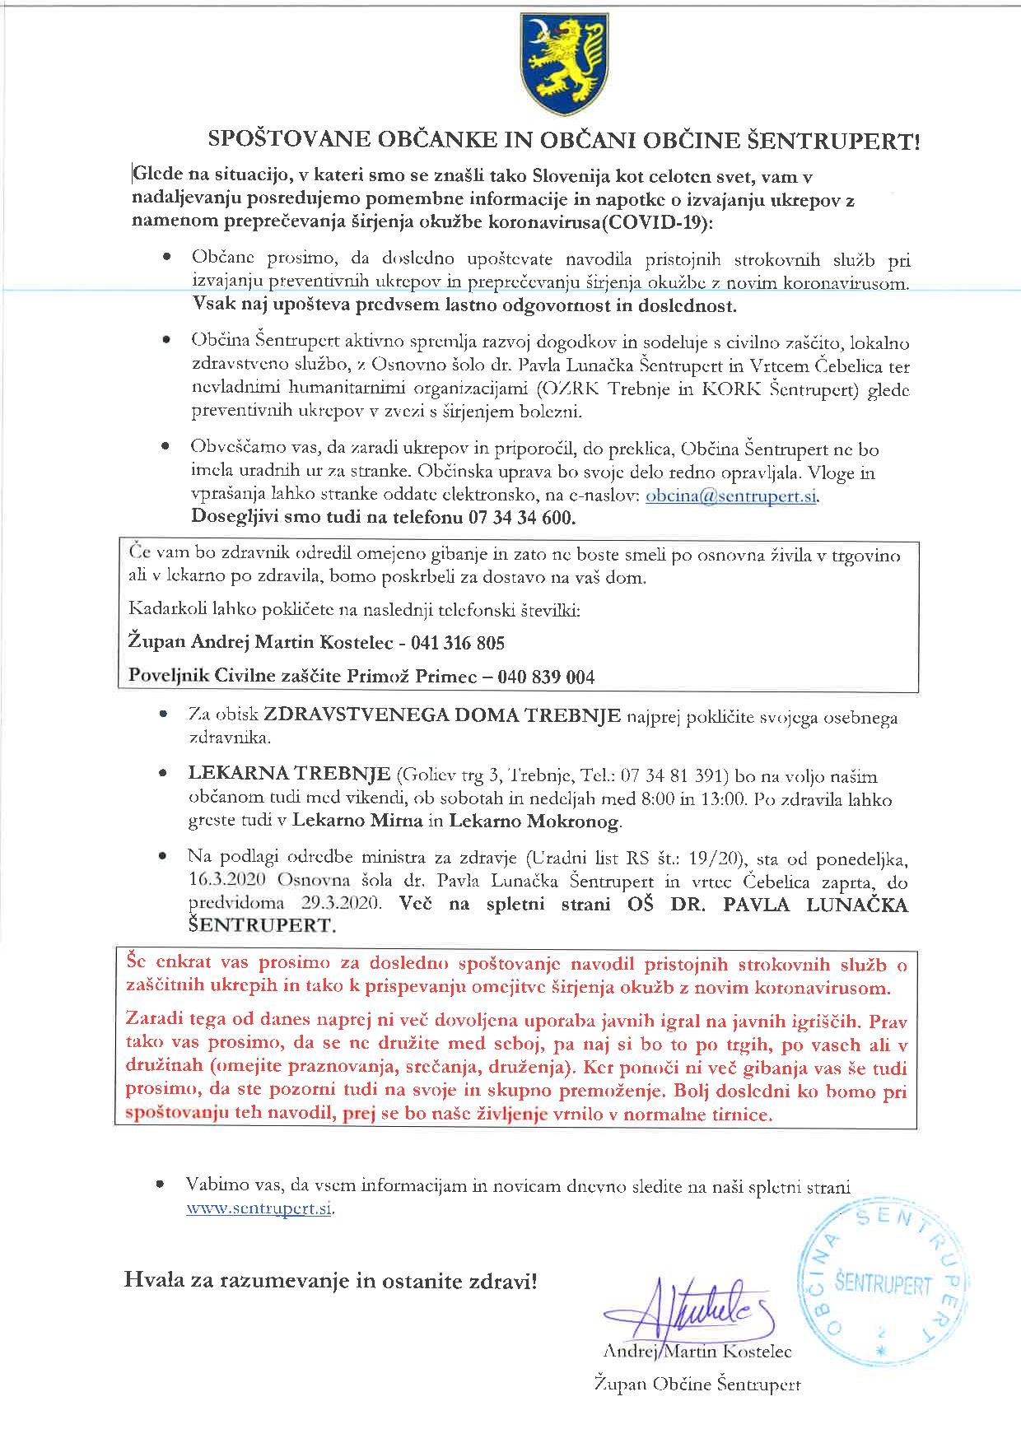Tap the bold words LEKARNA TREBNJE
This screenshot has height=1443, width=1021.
(289, 774)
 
